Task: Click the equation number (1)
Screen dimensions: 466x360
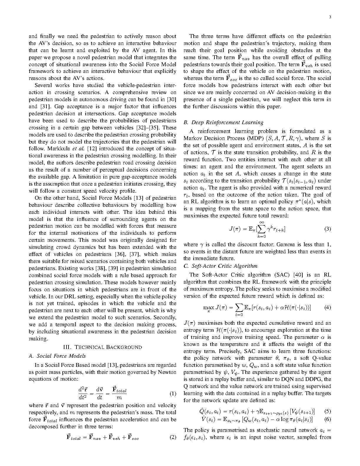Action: coord(173,394)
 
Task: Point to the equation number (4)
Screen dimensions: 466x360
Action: coord(328,308)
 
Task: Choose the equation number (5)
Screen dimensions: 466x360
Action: coord(328,411)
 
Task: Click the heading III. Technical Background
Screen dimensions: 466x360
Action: coord(103,347)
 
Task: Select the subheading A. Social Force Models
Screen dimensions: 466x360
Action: coord(57,356)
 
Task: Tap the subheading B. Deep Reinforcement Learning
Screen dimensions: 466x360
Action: coord(223,122)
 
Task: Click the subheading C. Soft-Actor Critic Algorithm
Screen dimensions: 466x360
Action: coord(220,266)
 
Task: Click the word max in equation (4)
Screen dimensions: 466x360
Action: coord(208,308)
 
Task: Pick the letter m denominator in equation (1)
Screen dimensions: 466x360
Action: coord(119,398)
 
